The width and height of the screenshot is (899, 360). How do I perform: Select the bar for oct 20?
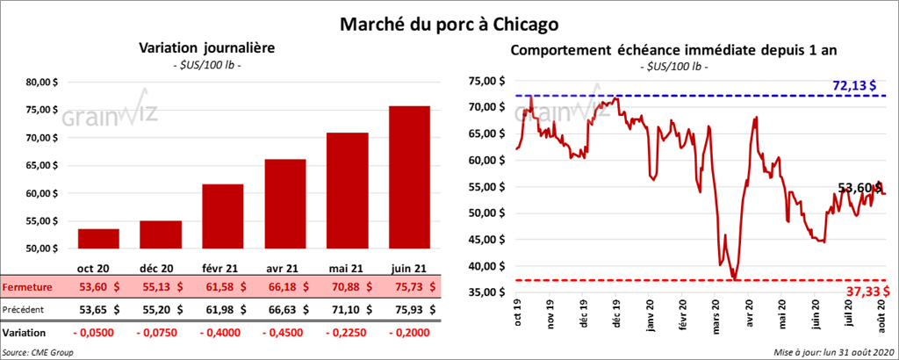pos(98,241)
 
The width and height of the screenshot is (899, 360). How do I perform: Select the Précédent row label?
pos(25,309)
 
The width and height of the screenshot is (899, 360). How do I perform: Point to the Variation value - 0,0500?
pos(98,333)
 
